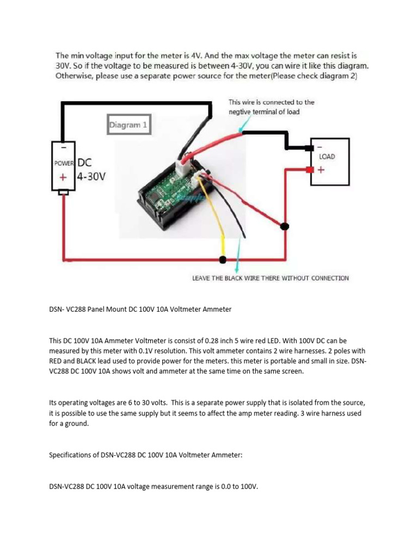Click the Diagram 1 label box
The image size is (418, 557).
pos(128,125)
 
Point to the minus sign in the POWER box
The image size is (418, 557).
pos(63,147)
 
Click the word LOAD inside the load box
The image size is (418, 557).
pos(327,157)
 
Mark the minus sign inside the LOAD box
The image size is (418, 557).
pos(319,147)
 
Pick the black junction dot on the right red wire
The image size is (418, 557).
pos(284,226)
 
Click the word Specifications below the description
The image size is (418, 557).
pos(72,455)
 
